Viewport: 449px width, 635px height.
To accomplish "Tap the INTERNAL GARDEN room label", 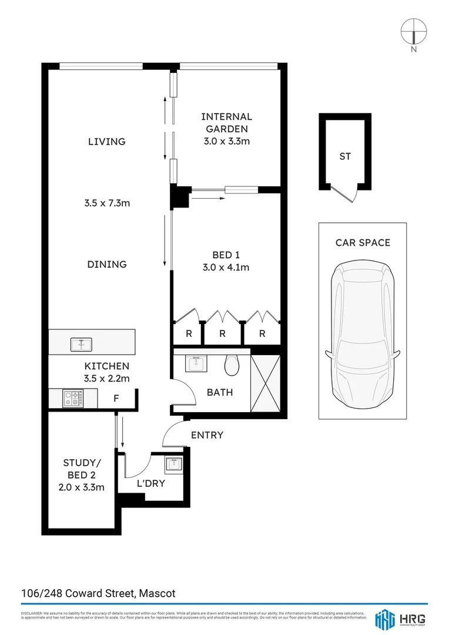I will tap(226, 123).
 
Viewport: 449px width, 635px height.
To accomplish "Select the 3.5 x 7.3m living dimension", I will tap(107, 203).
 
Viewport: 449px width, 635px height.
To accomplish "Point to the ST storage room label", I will tap(345, 156).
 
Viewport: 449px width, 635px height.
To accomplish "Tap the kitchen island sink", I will tap(80, 344).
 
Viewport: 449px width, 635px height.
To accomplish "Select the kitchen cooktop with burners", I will tap(74, 399).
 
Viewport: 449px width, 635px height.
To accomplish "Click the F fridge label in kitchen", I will tap(116, 399).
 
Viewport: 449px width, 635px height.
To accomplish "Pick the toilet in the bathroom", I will tap(232, 365).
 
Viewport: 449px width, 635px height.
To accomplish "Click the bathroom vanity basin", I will tap(196, 363).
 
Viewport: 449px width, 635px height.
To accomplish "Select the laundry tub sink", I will tap(174, 464).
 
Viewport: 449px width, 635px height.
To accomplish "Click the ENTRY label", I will tap(207, 435).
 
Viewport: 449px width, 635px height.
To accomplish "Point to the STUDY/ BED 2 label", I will tap(83, 468).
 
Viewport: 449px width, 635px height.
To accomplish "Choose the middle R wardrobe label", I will tap(223, 333).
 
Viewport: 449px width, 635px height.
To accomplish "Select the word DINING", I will tap(107, 265).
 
